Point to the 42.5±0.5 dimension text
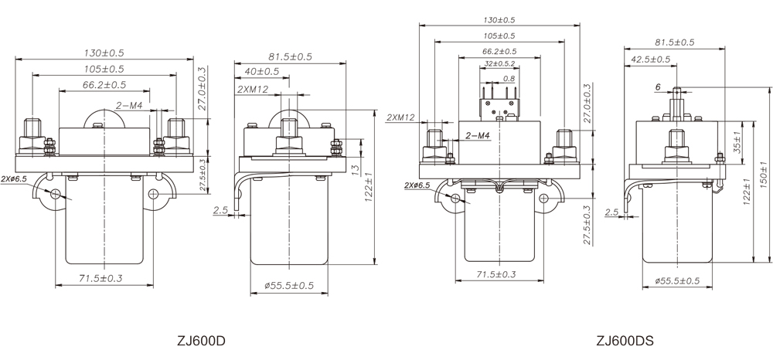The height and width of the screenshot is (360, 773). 652,59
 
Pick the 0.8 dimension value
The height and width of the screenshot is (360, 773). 509,78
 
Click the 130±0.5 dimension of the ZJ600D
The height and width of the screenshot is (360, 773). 104,53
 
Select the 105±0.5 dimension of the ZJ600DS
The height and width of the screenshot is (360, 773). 499,36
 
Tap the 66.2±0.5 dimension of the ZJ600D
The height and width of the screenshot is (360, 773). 104,84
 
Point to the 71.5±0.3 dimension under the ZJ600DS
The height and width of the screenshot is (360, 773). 495,274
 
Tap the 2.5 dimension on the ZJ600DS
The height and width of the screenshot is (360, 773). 611,212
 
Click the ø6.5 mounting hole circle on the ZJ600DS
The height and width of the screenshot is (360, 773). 455,199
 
